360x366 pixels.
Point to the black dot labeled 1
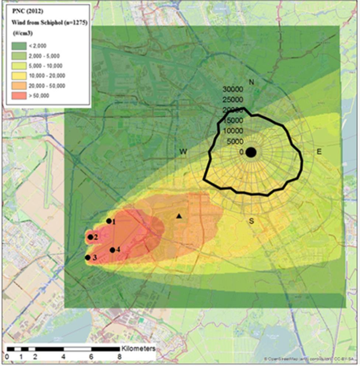[108, 221]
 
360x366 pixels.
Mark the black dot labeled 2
[90, 237]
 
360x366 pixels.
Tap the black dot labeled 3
[87, 258]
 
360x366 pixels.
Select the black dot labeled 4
[112, 250]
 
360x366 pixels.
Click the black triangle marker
[179, 216]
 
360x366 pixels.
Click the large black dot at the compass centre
[251, 152]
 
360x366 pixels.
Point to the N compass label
[252, 82]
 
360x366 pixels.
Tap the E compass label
[319, 151]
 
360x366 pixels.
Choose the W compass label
[182, 151]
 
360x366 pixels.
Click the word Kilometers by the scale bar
[138, 348]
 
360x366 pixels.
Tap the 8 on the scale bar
[119, 357]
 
